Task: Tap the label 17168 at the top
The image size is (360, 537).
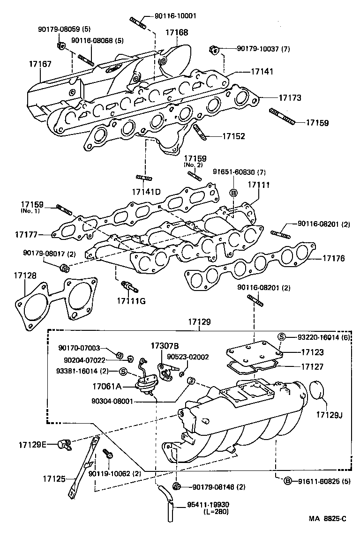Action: [x=177, y=33]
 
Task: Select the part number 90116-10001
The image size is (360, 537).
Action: [x=175, y=16]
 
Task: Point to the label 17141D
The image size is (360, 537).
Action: [x=146, y=192]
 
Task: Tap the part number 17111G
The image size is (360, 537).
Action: [x=131, y=300]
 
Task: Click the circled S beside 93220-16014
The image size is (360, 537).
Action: [x=282, y=336]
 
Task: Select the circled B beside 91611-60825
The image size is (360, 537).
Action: [x=287, y=479]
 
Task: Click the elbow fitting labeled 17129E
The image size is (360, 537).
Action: [x=63, y=443]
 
